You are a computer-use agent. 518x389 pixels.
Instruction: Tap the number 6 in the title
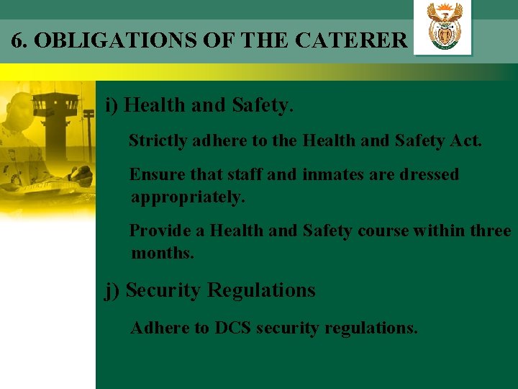click(17, 40)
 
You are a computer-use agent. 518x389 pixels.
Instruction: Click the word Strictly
click(158, 140)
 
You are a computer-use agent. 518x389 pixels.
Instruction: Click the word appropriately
click(188, 197)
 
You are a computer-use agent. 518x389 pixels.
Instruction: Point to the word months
click(163, 254)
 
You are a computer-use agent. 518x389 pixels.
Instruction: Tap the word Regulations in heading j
click(261, 290)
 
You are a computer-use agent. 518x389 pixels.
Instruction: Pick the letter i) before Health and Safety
click(112, 106)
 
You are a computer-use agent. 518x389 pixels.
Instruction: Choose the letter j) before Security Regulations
click(112, 291)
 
